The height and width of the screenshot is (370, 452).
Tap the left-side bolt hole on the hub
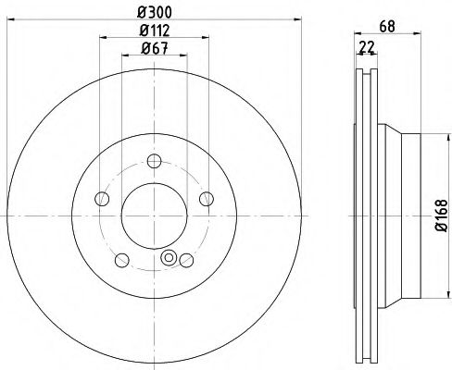102,199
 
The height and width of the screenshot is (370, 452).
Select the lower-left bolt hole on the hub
121,257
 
